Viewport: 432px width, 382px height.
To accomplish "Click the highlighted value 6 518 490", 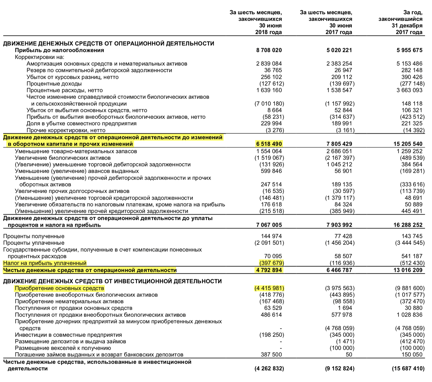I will pyautogui.click(x=269, y=144).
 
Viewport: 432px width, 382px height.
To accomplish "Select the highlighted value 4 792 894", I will pyautogui.click(x=269, y=270).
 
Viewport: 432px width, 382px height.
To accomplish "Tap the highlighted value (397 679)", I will pyautogui.click(x=271, y=263).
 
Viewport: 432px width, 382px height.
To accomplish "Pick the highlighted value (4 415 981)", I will pyautogui.click(x=269, y=288).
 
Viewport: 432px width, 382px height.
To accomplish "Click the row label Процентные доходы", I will pyautogui.click(x=54, y=84).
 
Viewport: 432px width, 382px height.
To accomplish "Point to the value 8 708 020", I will pyautogui.click(x=269, y=50).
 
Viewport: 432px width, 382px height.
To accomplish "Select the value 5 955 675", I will pyautogui.click(x=409, y=50).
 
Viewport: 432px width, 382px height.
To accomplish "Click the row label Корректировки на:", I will pyautogui.click(x=40, y=57).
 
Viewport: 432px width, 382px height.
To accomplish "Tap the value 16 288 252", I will pyautogui.click(x=408, y=225).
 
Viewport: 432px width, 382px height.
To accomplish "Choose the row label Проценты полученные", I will pyautogui.click(x=34, y=236).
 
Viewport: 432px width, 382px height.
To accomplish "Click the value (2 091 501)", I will pyautogui.click(x=269, y=243).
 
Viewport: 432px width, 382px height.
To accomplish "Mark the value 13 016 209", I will pyautogui.click(x=408, y=270).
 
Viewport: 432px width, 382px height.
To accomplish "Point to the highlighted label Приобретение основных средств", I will pyautogui.click(x=59, y=288).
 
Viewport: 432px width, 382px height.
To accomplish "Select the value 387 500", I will pyautogui.click(x=271, y=355).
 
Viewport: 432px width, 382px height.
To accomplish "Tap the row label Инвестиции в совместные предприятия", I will pyautogui.click(x=68, y=335).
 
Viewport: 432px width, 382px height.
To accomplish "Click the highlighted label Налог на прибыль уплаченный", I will pyautogui.click(x=45, y=263).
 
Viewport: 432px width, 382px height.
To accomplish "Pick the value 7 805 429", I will pyautogui.click(x=339, y=144).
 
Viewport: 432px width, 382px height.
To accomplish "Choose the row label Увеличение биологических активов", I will pyautogui.click(x=63, y=158).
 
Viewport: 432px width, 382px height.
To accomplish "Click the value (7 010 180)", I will pyautogui.click(x=269, y=104).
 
